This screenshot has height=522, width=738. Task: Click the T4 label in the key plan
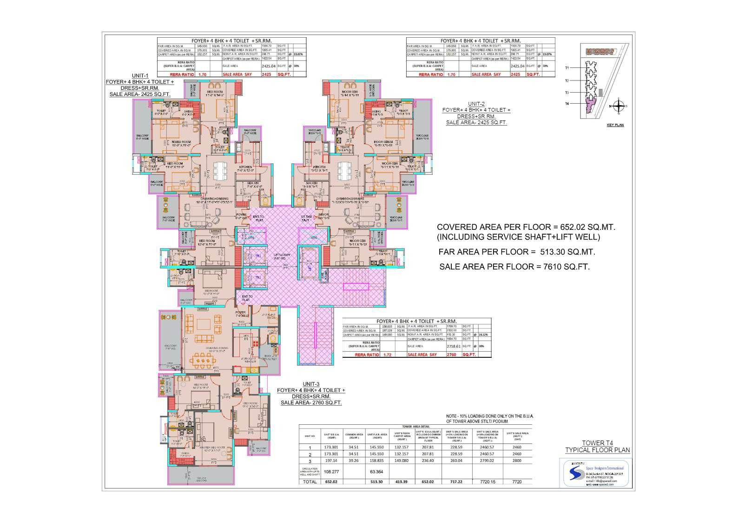[x=567, y=104]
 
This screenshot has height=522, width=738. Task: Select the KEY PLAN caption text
[x=615, y=125]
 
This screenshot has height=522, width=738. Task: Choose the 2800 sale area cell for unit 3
[x=517, y=461]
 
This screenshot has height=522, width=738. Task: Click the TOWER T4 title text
[x=597, y=443]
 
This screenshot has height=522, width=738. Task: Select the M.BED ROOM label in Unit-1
[x=181, y=142]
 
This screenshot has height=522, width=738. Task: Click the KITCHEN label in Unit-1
[x=245, y=167]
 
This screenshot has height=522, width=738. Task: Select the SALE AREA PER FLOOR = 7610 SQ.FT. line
[x=514, y=267]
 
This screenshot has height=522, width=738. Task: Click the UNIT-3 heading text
[x=311, y=384]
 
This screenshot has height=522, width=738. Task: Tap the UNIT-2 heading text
[x=476, y=104]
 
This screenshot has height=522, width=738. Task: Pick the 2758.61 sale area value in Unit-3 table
[x=417, y=347]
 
